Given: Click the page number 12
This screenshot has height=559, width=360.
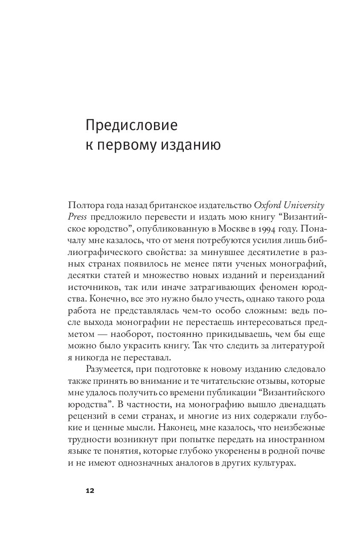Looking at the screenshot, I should [x=90, y=491].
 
